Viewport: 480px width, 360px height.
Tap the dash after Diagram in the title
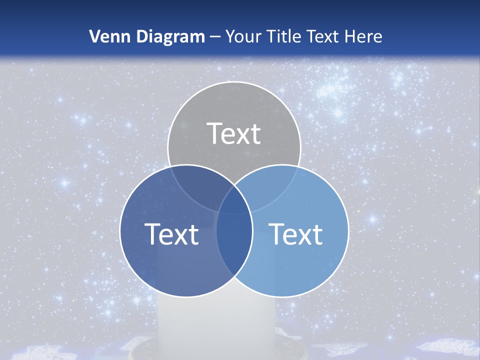click(x=215, y=37)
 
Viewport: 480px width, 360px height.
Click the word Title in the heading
click(x=284, y=36)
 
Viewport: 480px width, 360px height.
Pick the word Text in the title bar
click(x=327, y=36)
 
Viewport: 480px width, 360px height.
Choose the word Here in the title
click(x=366, y=36)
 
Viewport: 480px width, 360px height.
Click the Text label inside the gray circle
click(x=234, y=133)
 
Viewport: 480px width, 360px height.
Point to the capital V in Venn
click(x=94, y=36)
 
